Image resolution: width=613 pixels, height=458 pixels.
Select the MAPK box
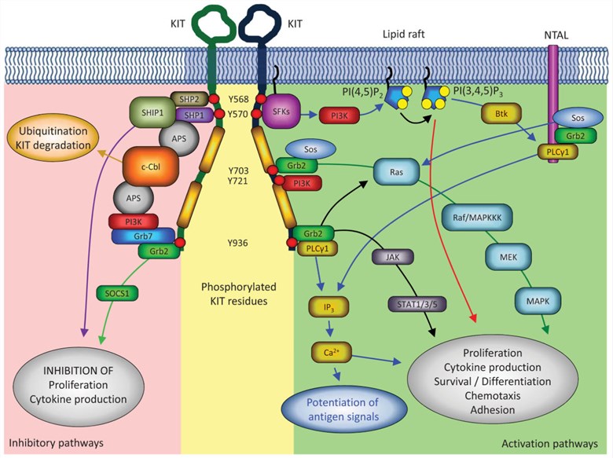pyautogui.click(x=537, y=298)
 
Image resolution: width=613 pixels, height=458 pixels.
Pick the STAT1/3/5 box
pyautogui.click(x=410, y=299)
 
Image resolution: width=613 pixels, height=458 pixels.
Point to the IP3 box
pyautogui.click(x=325, y=302)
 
